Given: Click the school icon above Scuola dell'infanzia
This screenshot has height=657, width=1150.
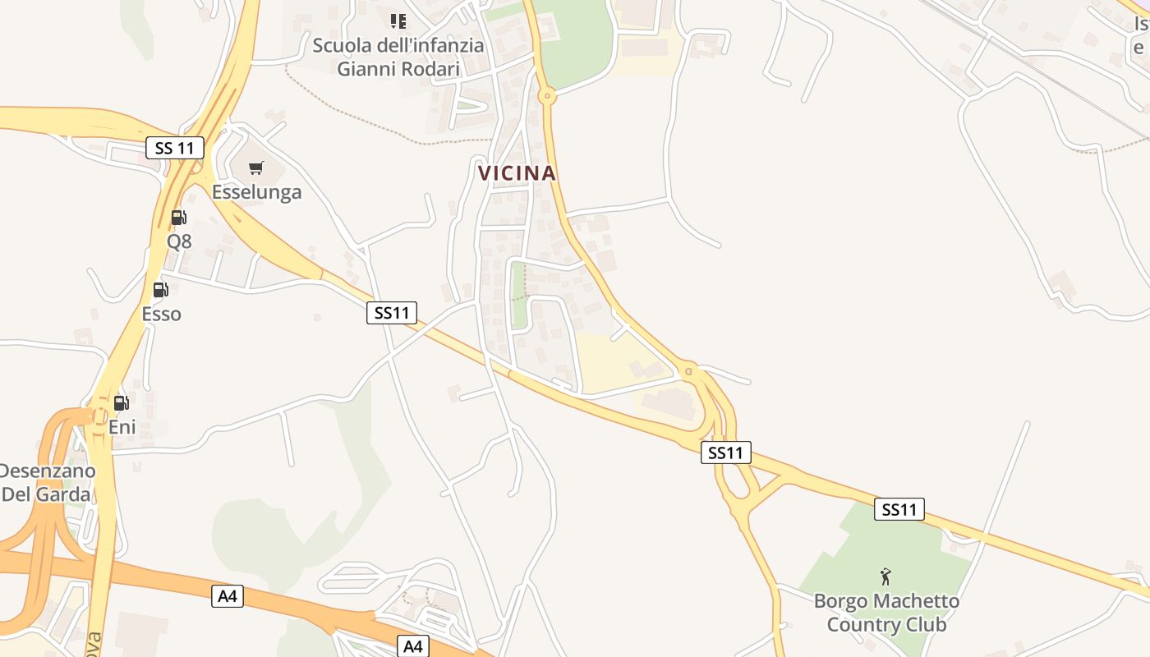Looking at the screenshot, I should [398, 21].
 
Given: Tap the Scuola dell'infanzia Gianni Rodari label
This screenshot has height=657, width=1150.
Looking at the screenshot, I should [398, 57].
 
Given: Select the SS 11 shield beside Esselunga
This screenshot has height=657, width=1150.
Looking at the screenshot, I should [175, 149].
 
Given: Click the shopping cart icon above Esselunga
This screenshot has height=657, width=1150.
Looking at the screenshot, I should [256, 168].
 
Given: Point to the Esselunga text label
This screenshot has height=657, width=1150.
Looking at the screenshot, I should [256, 192].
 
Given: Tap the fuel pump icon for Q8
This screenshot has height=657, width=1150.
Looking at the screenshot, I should [178, 218].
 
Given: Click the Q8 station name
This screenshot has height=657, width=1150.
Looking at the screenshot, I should [179, 241].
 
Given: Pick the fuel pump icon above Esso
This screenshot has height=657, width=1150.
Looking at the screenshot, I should [161, 290].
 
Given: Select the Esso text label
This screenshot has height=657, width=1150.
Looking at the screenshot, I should [161, 314].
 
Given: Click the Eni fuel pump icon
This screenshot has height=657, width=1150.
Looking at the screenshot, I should [122, 402].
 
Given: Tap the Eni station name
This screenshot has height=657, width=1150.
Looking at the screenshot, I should [122, 427].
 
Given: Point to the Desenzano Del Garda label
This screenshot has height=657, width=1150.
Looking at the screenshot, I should [47, 483].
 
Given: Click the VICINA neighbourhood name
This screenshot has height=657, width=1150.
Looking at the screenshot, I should [517, 173].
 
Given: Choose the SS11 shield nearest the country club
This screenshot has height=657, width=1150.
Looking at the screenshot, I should [899, 509].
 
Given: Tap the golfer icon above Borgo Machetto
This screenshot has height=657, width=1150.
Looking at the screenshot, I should [885, 576].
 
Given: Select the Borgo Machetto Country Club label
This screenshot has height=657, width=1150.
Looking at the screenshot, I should [886, 613].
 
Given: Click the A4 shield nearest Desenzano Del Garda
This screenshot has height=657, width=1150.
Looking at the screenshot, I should [228, 596].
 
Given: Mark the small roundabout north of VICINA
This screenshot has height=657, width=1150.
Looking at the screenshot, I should [548, 96].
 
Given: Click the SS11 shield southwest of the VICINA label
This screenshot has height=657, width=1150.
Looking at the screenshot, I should [392, 312].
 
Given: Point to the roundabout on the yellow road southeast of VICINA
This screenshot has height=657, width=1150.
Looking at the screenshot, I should [688, 371].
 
